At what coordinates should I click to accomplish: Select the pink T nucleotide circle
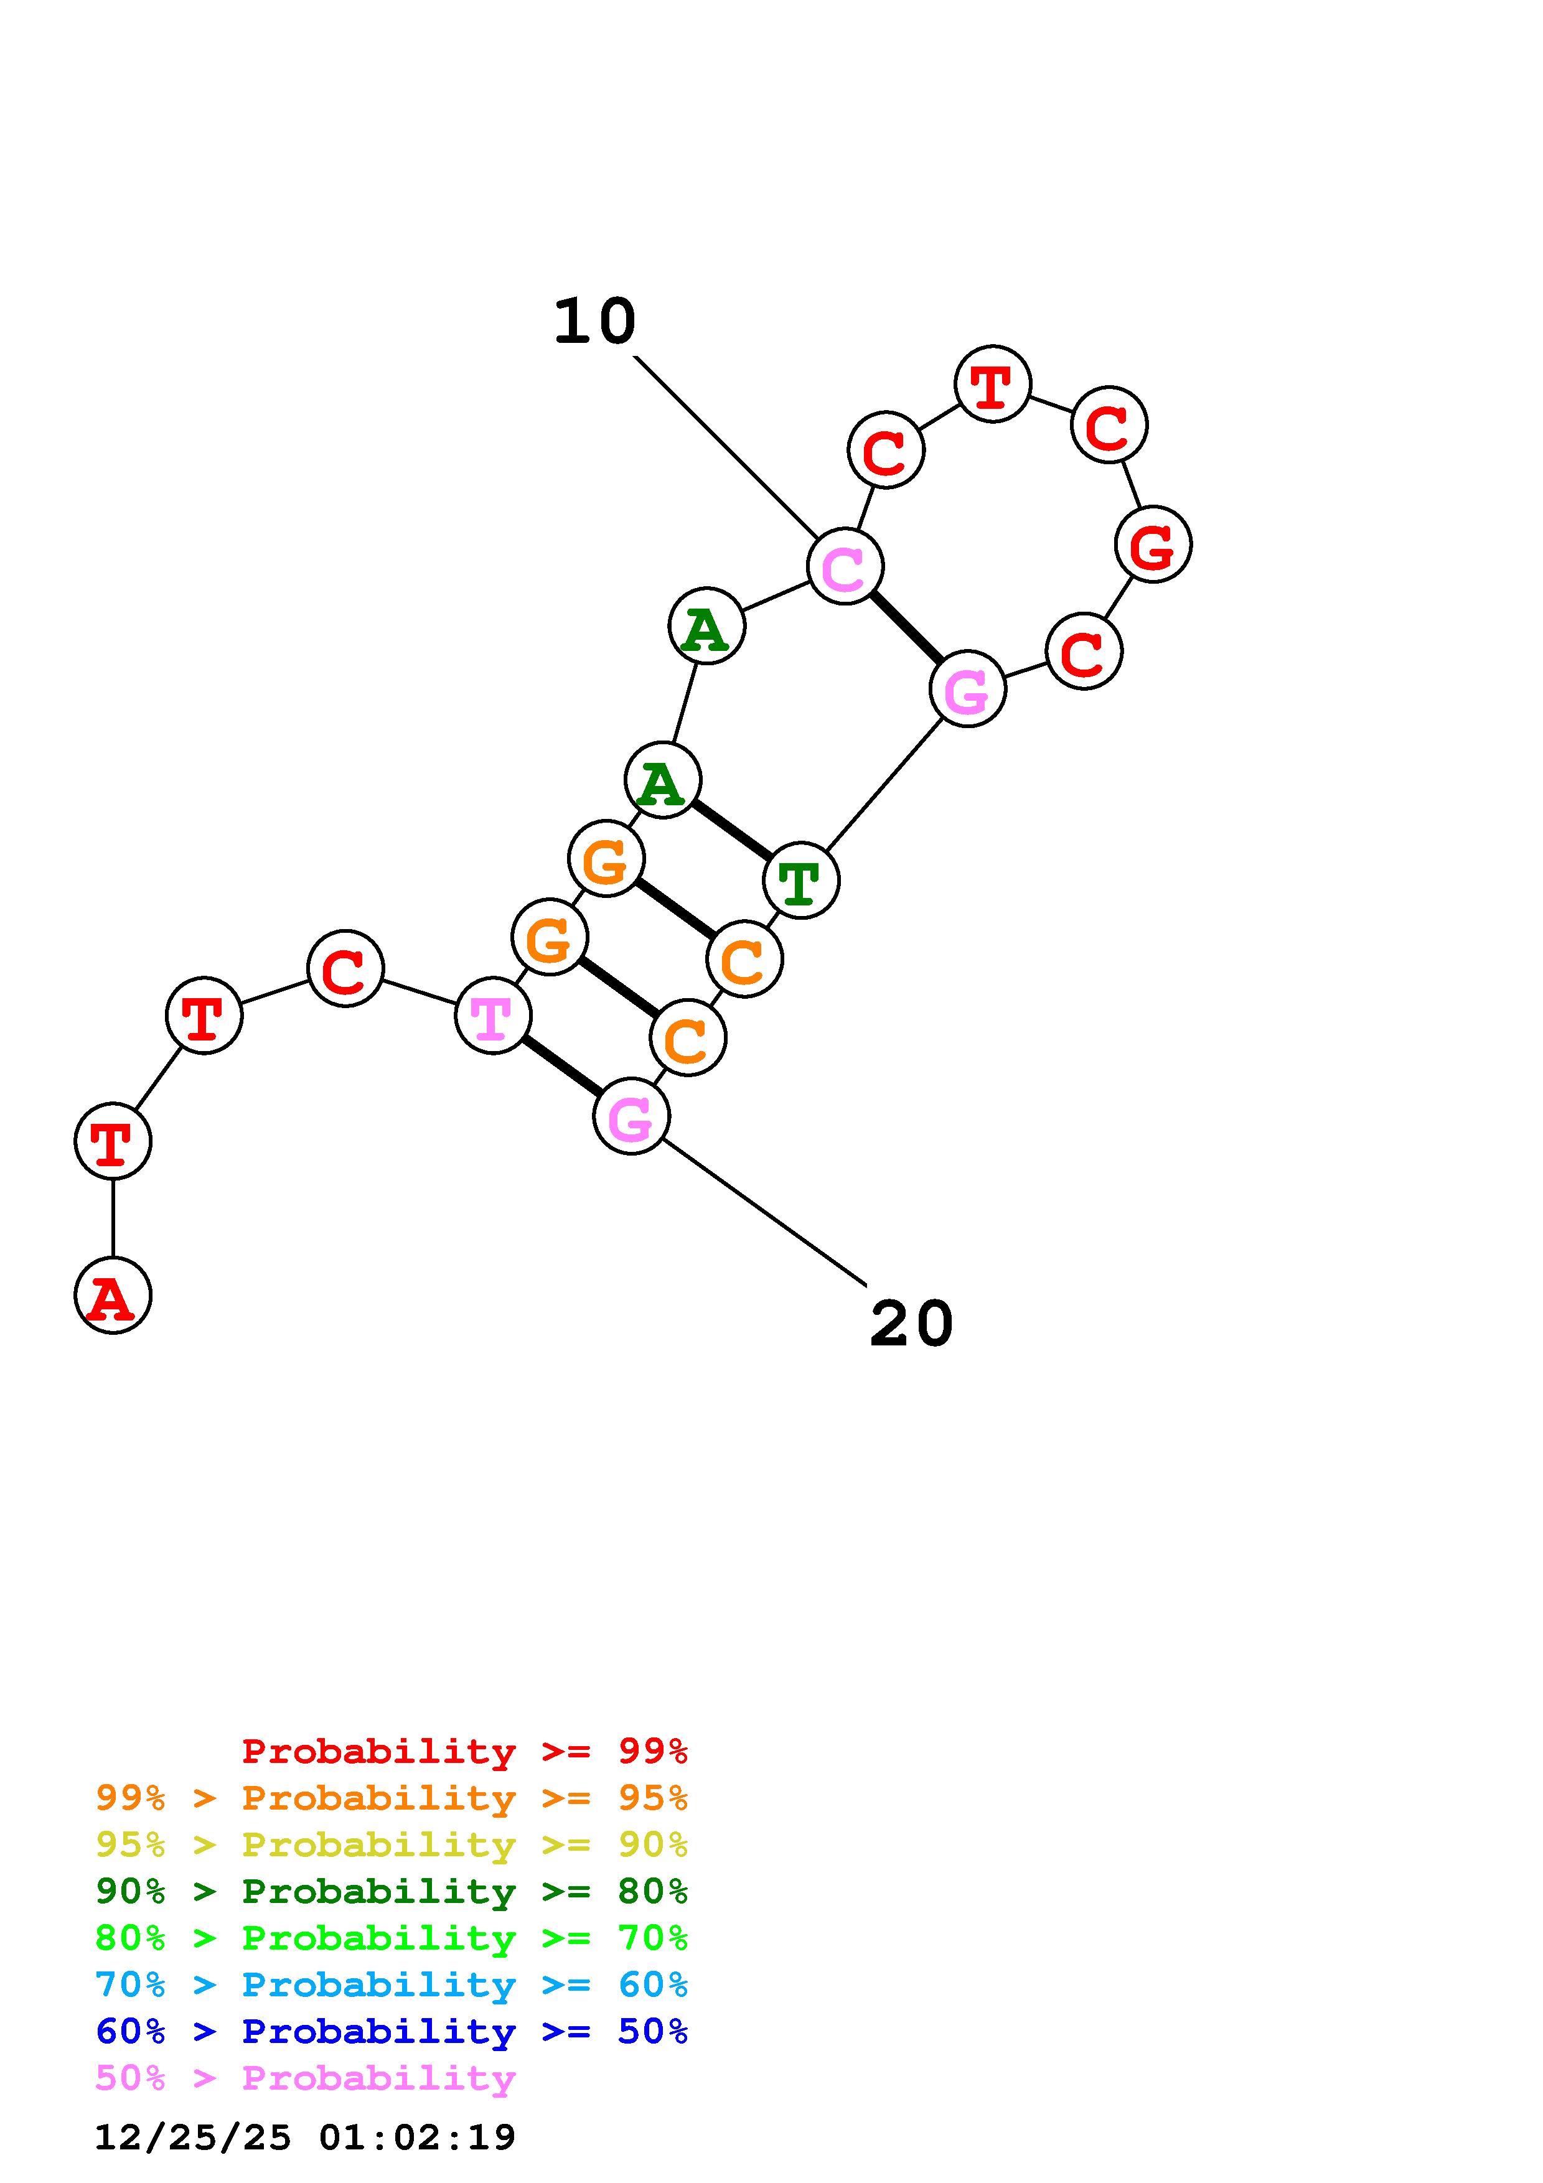point(492,1016)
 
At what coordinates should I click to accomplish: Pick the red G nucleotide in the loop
point(1152,545)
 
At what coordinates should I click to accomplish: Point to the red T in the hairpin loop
point(993,384)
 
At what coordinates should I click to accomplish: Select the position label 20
point(911,1324)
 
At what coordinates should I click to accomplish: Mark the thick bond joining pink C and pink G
point(906,627)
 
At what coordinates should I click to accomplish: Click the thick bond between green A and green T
point(731,830)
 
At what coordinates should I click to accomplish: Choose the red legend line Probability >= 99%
point(465,1751)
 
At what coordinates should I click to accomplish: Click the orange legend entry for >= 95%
point(392,1798)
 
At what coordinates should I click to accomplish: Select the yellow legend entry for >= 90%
point(392,1844)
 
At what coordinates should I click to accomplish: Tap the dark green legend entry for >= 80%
point(392,1891)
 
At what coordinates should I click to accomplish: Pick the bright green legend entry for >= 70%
point(392,1938)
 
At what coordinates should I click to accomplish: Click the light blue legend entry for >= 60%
point(392,1984)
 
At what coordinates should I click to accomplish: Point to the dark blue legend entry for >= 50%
point(392,2031)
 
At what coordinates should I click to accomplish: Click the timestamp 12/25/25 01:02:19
point(305,2138)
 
